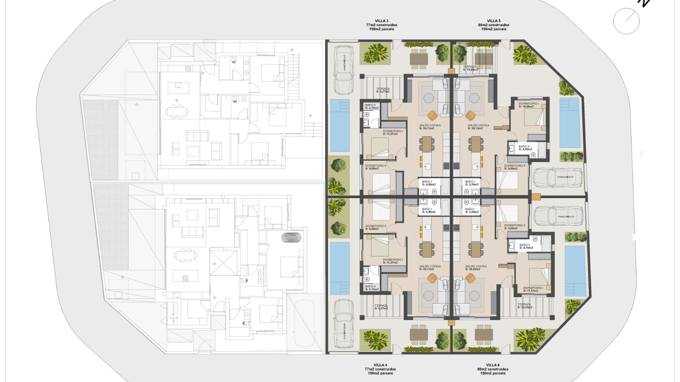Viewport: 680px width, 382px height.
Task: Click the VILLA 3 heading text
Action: click(381, 21)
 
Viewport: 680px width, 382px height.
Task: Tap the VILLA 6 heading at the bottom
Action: click(493, 365)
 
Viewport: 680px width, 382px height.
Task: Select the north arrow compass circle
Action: click(626, 21)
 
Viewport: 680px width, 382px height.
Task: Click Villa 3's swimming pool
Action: click(340, 125)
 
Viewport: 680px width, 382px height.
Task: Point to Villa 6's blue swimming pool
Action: click(575, 271)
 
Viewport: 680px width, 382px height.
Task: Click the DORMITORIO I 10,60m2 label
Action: click(528, 105)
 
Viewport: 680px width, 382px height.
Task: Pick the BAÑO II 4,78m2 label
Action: click(526, 247)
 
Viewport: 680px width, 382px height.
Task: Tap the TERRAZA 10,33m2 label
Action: click(525, 306)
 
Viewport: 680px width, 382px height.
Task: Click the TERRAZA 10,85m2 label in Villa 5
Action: click(470, 68)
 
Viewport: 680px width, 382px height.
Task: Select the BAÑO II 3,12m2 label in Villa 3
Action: click(372, 106)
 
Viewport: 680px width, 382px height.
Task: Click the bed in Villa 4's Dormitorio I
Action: click(380, 247)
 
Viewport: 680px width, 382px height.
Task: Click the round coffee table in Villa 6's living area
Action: click(474, 295)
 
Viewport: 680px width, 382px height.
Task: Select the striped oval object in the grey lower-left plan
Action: click(293, 237)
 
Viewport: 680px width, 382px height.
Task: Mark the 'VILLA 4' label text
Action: click(380, 365)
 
